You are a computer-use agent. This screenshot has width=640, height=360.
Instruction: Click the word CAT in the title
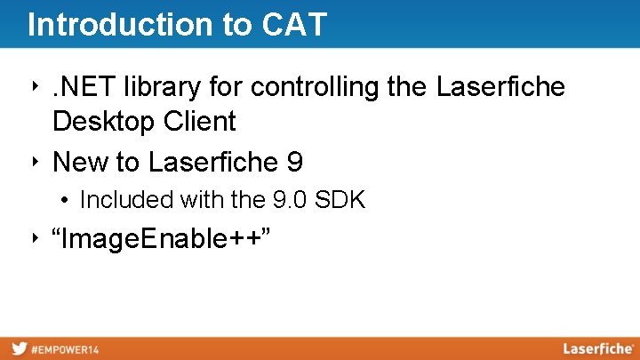pos(295,25)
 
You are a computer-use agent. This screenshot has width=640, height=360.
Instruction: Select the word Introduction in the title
pos(115,25)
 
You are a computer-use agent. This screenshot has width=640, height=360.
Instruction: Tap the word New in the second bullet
pos(81,163)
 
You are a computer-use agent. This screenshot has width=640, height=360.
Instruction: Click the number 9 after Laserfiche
pos(295,163)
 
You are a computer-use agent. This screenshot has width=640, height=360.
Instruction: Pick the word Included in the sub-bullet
pos(126,200)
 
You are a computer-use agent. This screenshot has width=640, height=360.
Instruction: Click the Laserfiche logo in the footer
pos(597,348)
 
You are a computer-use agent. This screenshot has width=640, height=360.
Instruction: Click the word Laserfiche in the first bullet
pos(500,87)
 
